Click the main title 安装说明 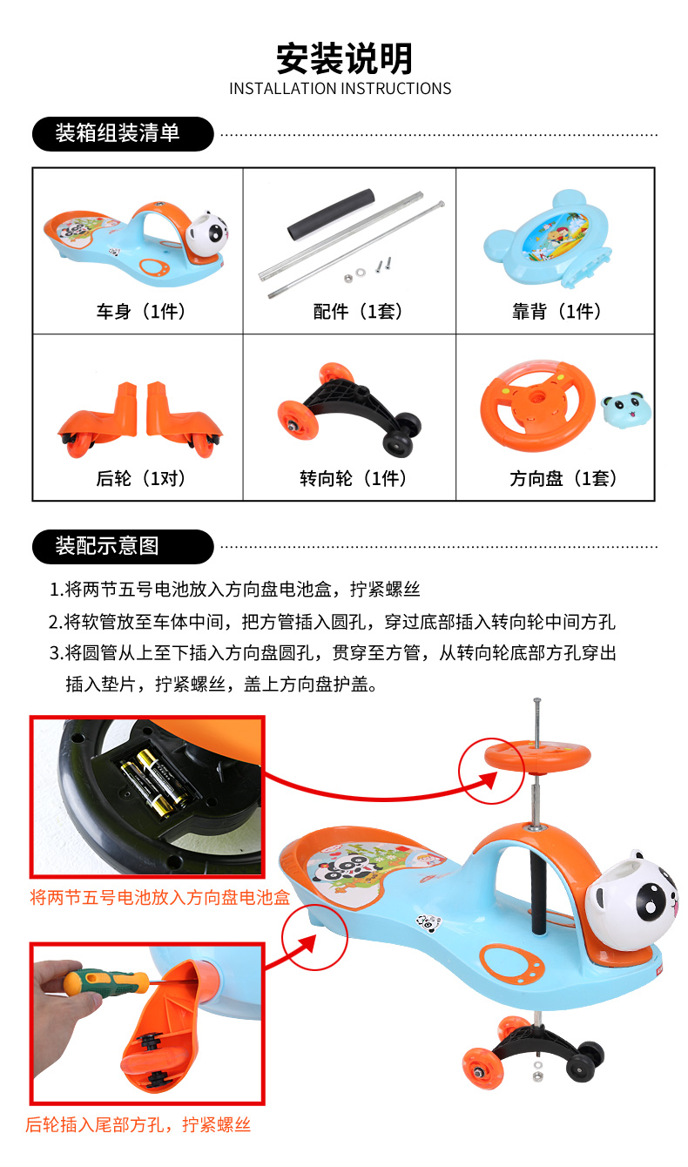click(x=344, y=58)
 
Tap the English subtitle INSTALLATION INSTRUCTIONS click(x=341, y=89)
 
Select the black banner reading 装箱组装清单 click(x=123, y=134)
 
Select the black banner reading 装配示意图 click(x=123, y=547)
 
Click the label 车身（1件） click(x=140, y=312)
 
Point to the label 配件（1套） click(x=357, y=312)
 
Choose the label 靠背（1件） click(x=556, y=312)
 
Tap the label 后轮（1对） click(x=140, y=478)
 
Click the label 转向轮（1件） click(x=353, y=478)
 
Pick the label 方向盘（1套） click(x=563, y=478)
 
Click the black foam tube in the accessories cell click(x=331, y=214)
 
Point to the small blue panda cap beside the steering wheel click(x=626, y=409)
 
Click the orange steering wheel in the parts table click(x=538, y=405)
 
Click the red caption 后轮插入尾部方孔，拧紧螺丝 click(x=138, y=1125)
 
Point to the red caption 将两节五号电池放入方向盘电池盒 click(x=160, y=897)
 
